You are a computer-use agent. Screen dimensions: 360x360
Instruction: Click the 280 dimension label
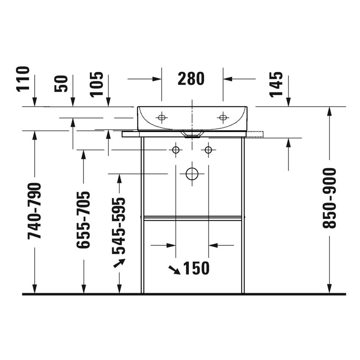[x=191, y=79]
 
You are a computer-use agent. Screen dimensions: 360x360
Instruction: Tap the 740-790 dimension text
[x=34, y=210]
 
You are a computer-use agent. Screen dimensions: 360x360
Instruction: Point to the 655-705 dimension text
[x=83, y=219]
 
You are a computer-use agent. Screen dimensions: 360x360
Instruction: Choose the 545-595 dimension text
[x=119, y=225]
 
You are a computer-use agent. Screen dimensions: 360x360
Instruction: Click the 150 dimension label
[x=196, y=268]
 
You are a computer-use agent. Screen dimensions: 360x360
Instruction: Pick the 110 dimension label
[x=23, y=79]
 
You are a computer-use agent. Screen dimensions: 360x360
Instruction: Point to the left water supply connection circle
[x=175, y=150]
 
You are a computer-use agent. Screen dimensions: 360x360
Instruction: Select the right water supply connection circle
[x=208, y=150]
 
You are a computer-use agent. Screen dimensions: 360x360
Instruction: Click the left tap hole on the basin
[x=161, y=117]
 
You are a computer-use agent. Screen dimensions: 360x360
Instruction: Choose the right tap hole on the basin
[x=222, y=117]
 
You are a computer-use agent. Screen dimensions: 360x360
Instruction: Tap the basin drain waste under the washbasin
[x=192, y=134]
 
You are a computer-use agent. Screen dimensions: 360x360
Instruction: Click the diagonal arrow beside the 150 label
[x=174, y=269]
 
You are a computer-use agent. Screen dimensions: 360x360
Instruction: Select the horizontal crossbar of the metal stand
[x=193, y=218]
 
